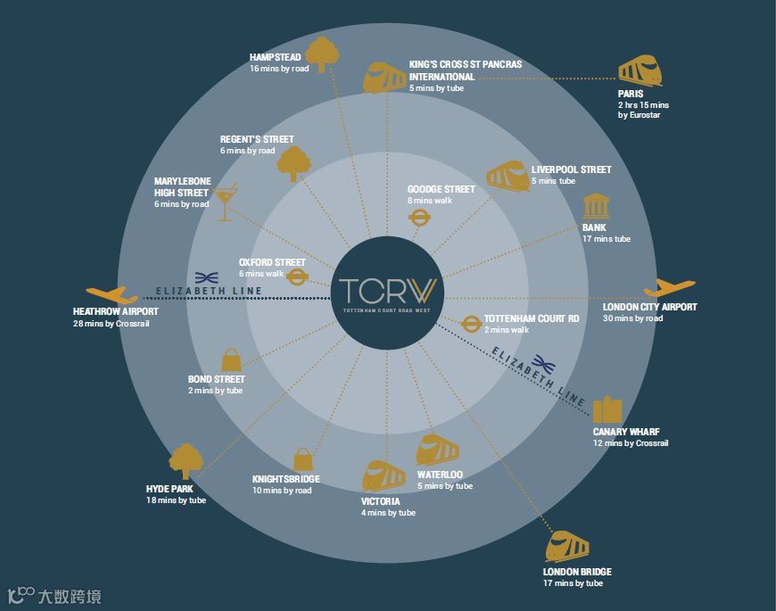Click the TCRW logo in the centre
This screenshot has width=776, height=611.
(x=387, y=291)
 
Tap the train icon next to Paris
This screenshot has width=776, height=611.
(x=641, y=70)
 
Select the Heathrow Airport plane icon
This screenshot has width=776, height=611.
(x=111, y=294)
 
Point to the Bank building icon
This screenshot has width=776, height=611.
(x=595, y=208)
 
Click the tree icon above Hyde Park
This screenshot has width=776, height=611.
(x=186, y=462)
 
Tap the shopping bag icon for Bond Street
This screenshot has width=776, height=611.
(x=231, y=360)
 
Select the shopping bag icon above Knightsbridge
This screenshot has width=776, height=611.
(x=303, y=458)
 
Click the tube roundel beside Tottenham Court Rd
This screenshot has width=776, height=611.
(x=471, y=323)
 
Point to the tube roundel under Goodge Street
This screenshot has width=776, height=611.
(x=419, y=218)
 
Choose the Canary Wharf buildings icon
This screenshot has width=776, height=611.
(x=607, y=409)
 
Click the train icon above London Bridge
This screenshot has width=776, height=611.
(x=569, y=545)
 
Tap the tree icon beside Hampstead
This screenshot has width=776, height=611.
(x=322, y=54)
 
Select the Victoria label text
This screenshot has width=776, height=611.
(x=381, y=501)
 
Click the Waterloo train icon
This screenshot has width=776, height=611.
(x=437, y=451)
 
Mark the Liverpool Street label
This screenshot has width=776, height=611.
(x=571, y=169)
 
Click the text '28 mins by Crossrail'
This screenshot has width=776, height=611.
(x=111, y=324)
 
